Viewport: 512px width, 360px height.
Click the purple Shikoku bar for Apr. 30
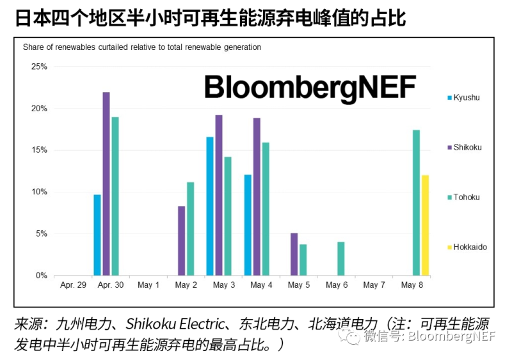(x=106, y=184)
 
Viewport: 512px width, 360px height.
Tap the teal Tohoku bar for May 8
(x=416, y=203)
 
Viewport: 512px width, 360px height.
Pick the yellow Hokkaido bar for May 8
(x=425, y=225)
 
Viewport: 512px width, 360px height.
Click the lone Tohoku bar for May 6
(x=341, y=258)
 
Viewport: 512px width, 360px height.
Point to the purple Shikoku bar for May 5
(x=294, y=254)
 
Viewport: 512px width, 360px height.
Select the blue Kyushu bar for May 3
(x=210, y=206)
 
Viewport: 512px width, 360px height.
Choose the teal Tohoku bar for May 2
(x=190, y=228)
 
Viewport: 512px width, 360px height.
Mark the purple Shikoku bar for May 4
(x=257, y=196)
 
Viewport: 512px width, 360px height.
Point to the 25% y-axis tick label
(x=39, y=67)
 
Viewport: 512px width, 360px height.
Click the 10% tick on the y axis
(x=39, y=192)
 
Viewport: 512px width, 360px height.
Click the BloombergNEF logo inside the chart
(x=310, y=86)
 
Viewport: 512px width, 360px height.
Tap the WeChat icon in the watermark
(x=351, y=337)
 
